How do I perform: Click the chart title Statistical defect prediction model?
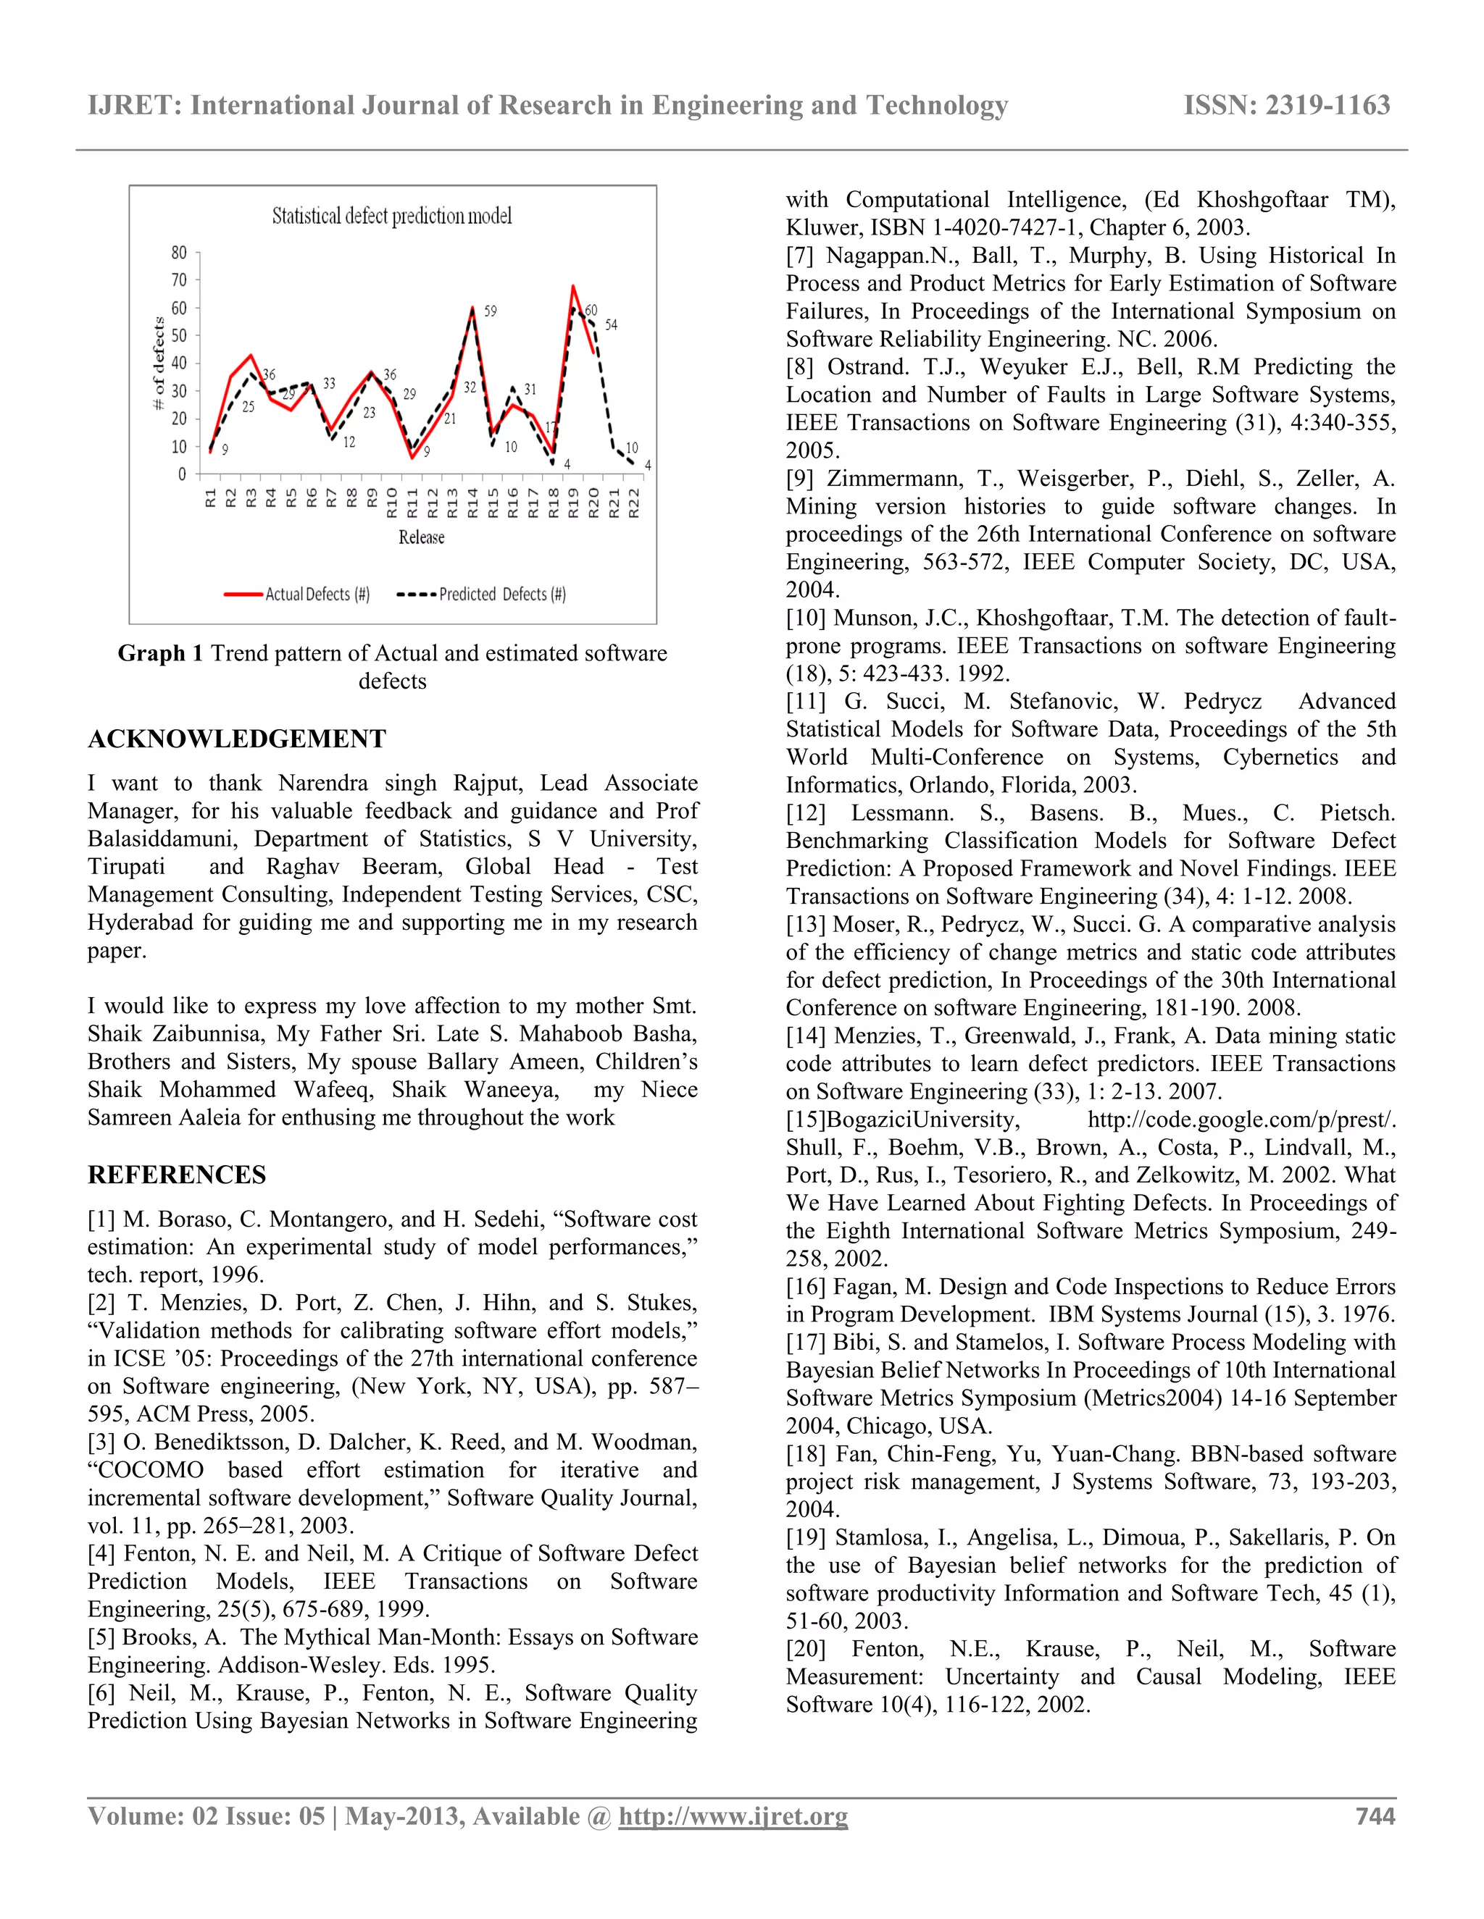pyautogui.click(x=391, y=216)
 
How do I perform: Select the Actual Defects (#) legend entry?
pyautogui.click(x=297, y=595)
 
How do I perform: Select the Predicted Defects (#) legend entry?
pyautogui.click(x=482, y=595)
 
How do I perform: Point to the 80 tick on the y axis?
pyautogui.click(x=180, y=253)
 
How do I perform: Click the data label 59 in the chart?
pyautogui.click(x=491, y=311)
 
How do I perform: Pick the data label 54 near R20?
pyautogui.click(x=611, y=325)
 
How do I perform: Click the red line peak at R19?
pyautogui.click(x=573, y=287)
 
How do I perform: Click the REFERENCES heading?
pyautogui.click(x=177, y=1175)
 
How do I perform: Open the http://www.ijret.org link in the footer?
pyautogui.click(x=733, y=1816)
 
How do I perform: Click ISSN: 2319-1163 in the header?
pyautogui.click(x=1286, y=106)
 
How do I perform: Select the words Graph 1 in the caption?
pyautogui.click(x=160, y=654)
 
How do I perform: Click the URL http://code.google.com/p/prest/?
pyautogui.click(x=1241, y=1120)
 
